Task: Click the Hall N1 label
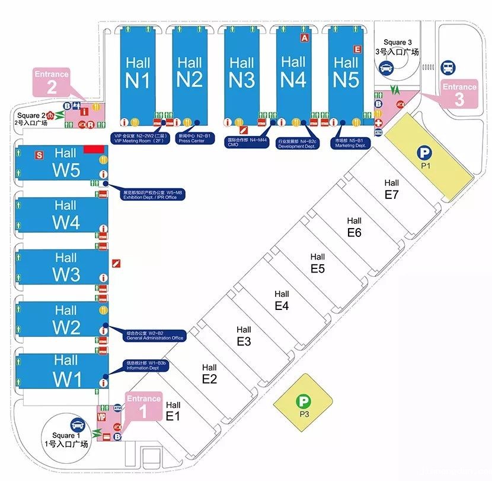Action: point(138,72)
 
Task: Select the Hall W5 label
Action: point(65,162)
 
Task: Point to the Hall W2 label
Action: point(65,319)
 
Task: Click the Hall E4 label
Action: point(282,300)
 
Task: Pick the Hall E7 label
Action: point(391,189)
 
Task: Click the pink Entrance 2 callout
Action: point(52,82)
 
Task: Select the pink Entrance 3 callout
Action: point(459,94)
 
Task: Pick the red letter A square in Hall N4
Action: point(305,37)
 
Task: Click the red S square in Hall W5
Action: point(40,155)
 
